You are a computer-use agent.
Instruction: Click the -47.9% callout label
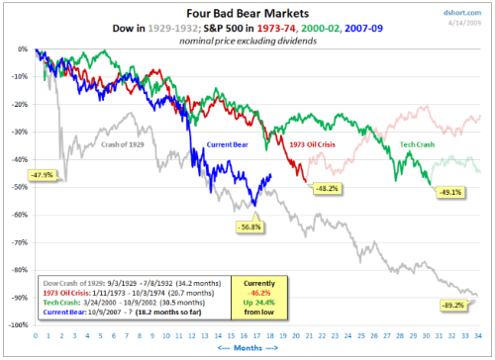(42, 174)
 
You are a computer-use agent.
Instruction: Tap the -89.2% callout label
(453, 306)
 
